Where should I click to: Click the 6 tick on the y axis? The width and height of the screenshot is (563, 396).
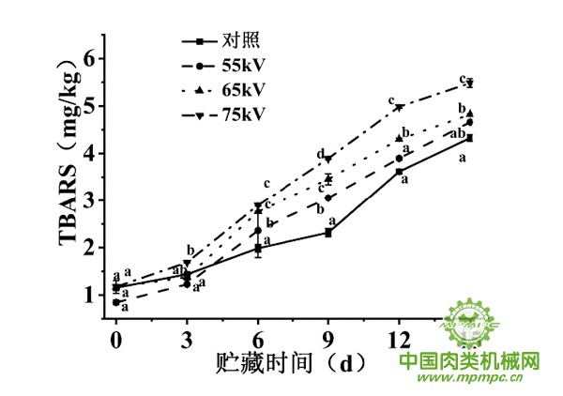pyautogui.click(x=90, y=58)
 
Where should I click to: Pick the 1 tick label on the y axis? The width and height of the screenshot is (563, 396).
pyautogui.click(x=90, y=295)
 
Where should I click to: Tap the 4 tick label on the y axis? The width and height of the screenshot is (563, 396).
pyautogui.click(x=90, y=153)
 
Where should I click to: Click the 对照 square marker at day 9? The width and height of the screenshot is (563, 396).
pyautogui.click(x=328, y=232)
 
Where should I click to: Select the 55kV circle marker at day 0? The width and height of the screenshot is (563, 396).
pyautogui.click(x=115, y=302)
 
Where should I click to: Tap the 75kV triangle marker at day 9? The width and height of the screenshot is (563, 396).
pyautogui.click(x=328, y=159)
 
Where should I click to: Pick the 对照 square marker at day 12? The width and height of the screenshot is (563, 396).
pyautogui.click(x=399, y=172)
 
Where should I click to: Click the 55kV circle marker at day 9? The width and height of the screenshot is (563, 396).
pyautogui.click(x=328, y=197)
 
